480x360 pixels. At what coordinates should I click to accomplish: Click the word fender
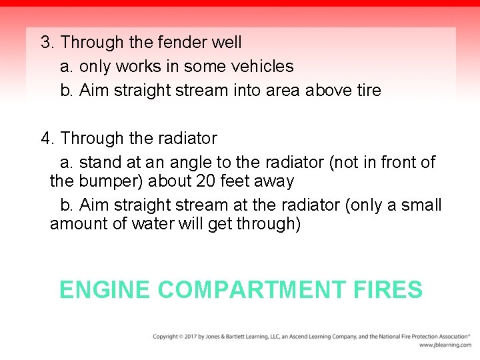[182, 43]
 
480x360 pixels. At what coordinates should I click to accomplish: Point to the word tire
[369, 91]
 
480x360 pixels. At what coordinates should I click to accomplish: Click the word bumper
[111, 181]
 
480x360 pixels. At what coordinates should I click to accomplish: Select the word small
[420, 205]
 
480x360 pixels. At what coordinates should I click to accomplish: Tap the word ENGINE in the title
[105, 290]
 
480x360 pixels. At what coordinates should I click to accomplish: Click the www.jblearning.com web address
[445, 345]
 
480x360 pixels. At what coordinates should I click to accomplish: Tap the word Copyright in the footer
[166, 337]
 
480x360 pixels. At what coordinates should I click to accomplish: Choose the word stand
[100, 163]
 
